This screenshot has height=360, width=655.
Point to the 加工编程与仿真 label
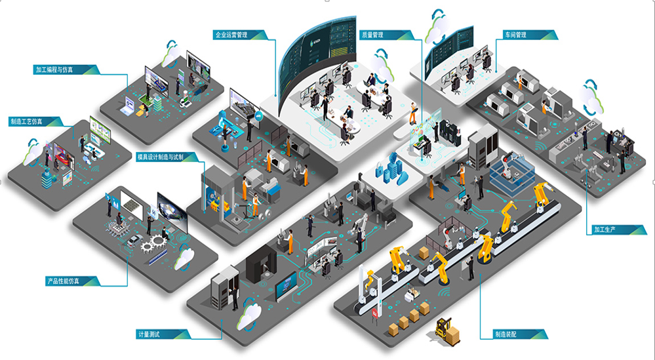[x=62, y=69]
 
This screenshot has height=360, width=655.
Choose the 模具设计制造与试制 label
[x=164, y=157]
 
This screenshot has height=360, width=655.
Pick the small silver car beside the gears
[x=134, y=241]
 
